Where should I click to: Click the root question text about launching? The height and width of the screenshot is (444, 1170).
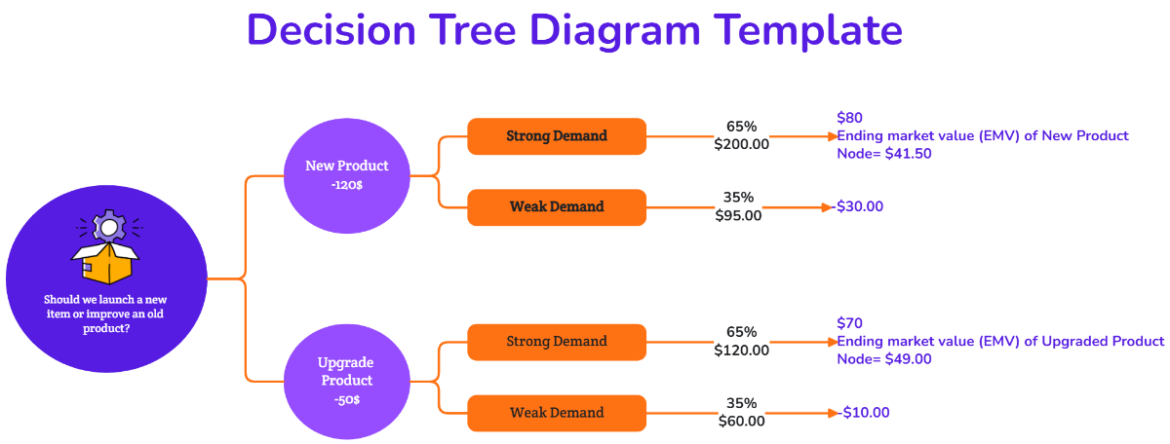106,314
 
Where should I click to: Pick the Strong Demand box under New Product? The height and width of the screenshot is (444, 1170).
557,136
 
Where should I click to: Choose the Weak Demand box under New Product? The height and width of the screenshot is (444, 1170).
557,207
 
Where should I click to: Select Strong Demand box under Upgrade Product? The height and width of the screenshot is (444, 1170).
557,342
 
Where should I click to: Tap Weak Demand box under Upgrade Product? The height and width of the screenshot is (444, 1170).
557,413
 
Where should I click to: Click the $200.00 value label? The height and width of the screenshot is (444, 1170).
741,144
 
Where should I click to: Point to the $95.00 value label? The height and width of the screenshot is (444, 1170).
738,215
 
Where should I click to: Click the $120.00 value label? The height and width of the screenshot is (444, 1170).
741,350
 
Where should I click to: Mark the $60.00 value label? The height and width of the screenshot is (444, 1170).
741,421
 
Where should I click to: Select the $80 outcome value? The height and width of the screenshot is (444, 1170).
849,118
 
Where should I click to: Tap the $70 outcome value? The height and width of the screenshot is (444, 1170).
849,323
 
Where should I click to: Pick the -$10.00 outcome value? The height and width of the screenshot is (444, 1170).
864,413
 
